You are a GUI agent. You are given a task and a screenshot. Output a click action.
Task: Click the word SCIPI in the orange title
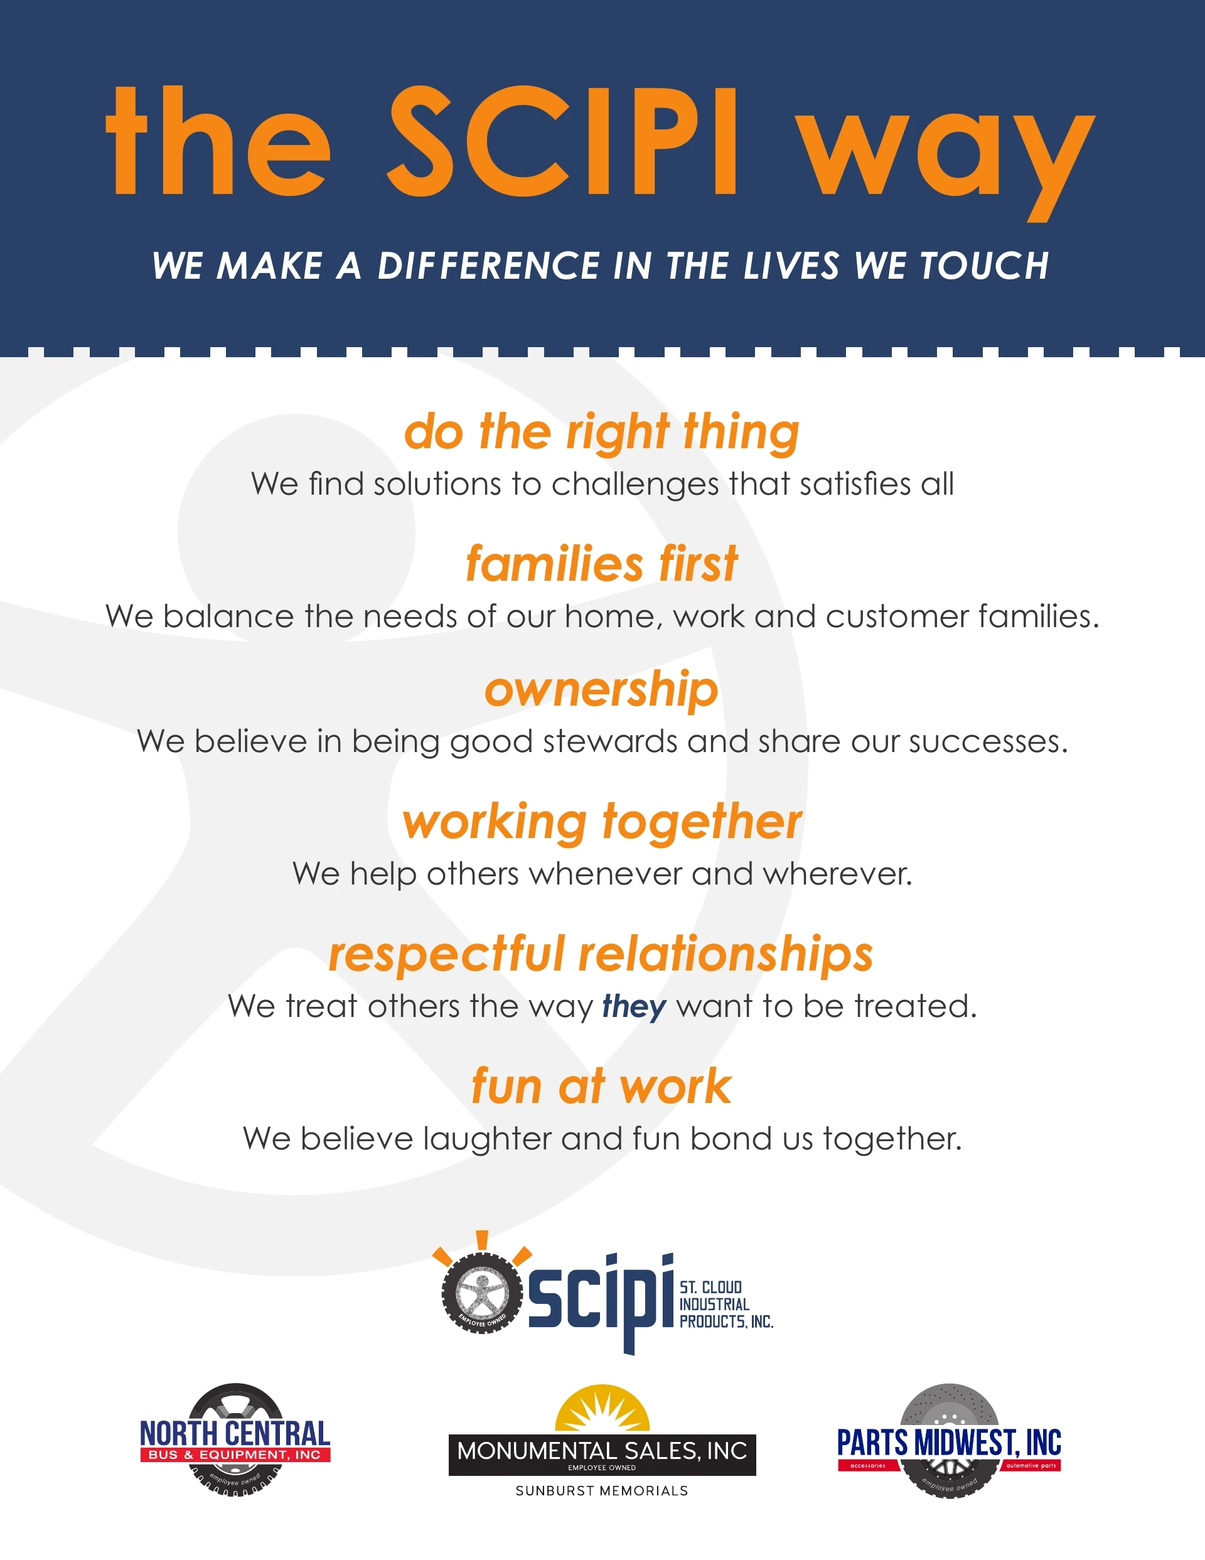point(562,141)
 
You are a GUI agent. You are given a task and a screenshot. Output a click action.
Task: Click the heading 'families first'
point(601,564)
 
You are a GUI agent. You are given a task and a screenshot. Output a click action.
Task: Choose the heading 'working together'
point(601,823)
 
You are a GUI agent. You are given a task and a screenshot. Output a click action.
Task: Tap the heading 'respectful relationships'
point(601,954)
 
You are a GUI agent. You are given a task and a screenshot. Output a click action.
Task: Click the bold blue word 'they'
point(635,1007)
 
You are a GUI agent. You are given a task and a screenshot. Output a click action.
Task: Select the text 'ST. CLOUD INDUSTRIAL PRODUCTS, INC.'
point(726,1304)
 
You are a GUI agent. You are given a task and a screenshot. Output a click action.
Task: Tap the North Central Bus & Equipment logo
point(235,1440)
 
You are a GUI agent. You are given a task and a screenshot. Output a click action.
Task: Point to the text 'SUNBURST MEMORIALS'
point(602,1492)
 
